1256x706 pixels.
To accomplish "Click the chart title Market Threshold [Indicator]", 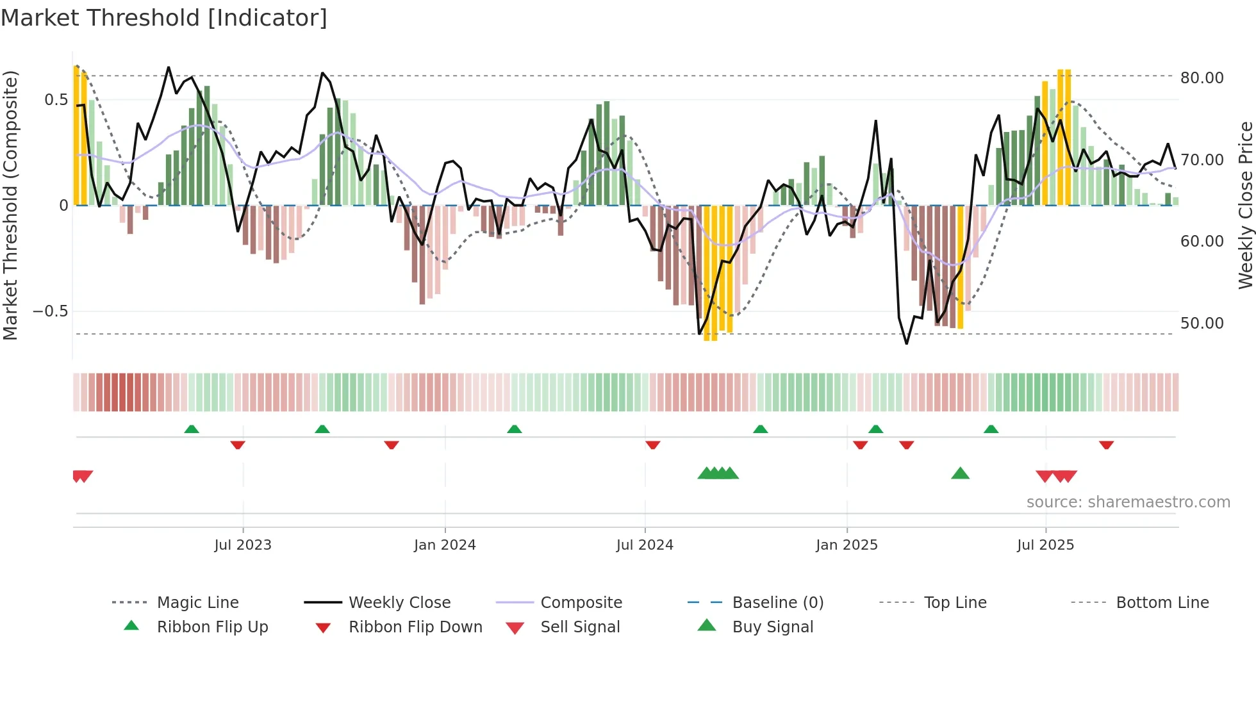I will (x=164, y=18).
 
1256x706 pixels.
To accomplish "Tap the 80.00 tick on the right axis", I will (x=1202, y=78).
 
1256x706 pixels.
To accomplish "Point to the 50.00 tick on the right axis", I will (x=1202, y=324).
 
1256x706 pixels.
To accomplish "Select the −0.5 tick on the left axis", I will (x=50, y=311).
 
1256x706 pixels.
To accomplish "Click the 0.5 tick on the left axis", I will (x=56, y=100).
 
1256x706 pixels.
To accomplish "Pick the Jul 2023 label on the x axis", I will (x=243, y=545).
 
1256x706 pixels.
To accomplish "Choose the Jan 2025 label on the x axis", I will (x=847, y=545).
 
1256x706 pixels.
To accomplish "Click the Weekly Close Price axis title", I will (x=1245, y=205).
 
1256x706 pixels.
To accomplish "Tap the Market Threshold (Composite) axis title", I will (x=10, y=205).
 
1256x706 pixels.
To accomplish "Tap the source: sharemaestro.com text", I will (x=1128, y=502).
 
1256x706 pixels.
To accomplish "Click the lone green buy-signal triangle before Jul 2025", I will (x=960, y=473).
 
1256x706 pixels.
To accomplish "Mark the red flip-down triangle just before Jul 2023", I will (x=238, y=445).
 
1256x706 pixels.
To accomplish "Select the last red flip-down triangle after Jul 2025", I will (x=1106, y=445).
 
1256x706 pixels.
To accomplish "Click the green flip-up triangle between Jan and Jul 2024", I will (x=514, y=429).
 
